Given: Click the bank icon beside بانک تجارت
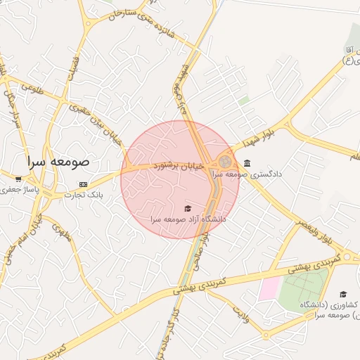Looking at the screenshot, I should point(84,184).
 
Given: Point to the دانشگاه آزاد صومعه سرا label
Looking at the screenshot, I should point(187,219).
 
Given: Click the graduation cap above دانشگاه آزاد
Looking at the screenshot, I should point(187,209).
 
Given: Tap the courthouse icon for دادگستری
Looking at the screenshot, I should point(246,163).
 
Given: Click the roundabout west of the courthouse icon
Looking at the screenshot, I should point(225,162).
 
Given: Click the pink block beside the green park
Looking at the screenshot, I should point(269,289).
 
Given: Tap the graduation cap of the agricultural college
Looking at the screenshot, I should point(343,294).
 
